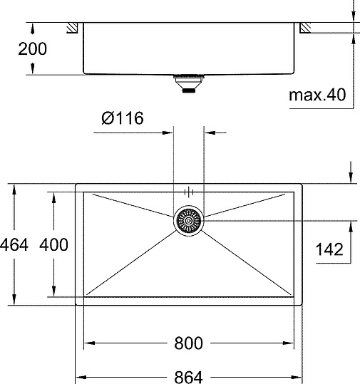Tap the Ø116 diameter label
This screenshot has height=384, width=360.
(123, 118)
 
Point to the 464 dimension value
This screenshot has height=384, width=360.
(14, 245)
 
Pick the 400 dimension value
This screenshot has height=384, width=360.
(54, 245)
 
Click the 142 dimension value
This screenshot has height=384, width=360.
(329, 249)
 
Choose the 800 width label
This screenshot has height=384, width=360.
(188, 343)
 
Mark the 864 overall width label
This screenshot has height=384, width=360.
(188, 375)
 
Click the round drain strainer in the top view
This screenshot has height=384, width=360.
(189, 221)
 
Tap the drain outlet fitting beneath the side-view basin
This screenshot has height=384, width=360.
(189, 85)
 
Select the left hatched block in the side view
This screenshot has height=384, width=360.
(73, 28)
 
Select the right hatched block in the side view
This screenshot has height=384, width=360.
(305, 28)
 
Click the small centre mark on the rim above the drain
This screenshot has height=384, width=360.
(189, 191)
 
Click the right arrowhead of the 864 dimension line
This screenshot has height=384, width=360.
(299, 375)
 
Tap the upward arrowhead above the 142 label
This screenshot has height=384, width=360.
(351, 225)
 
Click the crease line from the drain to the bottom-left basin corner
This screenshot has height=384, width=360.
(135, 260)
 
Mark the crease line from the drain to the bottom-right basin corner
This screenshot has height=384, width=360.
(242, 260)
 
